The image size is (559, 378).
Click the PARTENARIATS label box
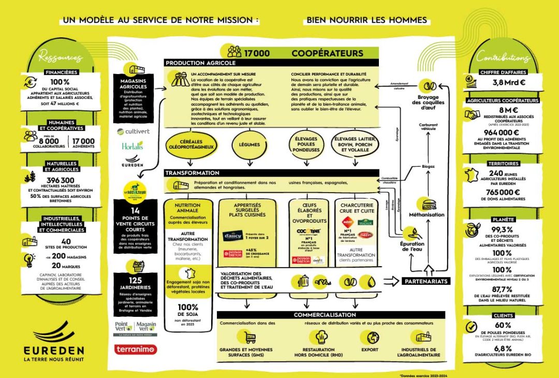(426, 281)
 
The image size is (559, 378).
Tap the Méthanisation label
(426, 214)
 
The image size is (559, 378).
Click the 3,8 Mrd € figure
(509, 82)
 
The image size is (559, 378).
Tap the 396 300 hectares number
(61, 180)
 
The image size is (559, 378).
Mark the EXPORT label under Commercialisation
(372, 350)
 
